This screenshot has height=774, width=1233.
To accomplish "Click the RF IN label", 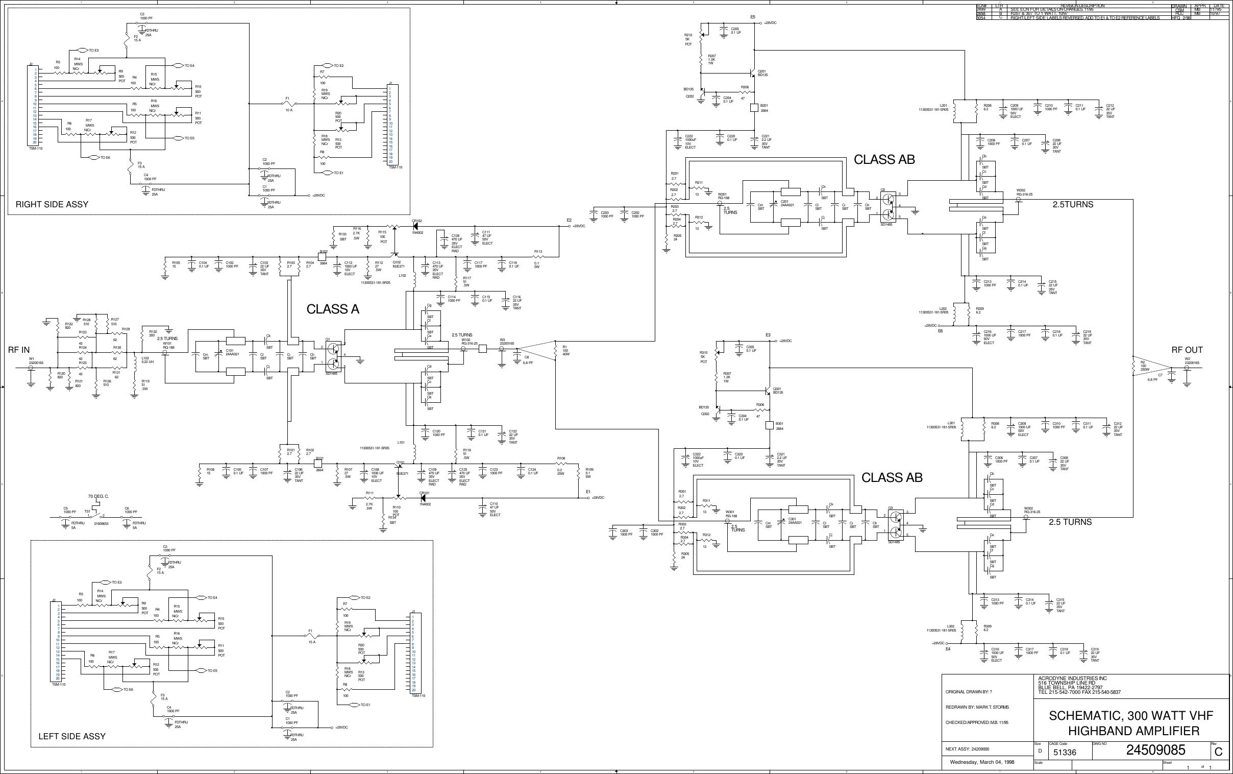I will click(x=19, y=350).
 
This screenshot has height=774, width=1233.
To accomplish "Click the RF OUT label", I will click(x=1187, y=350).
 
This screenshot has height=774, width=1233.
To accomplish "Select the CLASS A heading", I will click(x=333, y=309).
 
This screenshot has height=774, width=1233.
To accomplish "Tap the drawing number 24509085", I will click(x=1155, y=751).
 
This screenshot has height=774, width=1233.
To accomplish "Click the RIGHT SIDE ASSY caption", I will click(x=52, y=204).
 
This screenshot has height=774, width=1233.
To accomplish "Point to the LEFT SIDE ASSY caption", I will click(x=71, y=736).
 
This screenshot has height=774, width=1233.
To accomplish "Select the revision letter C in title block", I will click(x=1218, y=752).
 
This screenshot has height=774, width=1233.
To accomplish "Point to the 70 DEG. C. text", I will click(x=98, y=497).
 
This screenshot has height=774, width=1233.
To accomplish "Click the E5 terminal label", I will click(x=753, y=17).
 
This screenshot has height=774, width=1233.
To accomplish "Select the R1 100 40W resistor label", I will click(x=565, y=351).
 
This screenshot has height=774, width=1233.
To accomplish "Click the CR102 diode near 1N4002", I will click(x=415, y=225).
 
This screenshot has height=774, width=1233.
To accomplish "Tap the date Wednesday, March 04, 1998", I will click(x=982, y=762).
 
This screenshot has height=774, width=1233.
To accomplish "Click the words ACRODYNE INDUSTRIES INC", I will click(x=1072, y=679).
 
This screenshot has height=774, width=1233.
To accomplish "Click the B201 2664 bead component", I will click(x=754, y=108).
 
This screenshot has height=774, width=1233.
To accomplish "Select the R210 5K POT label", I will click(x=688, y=39).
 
